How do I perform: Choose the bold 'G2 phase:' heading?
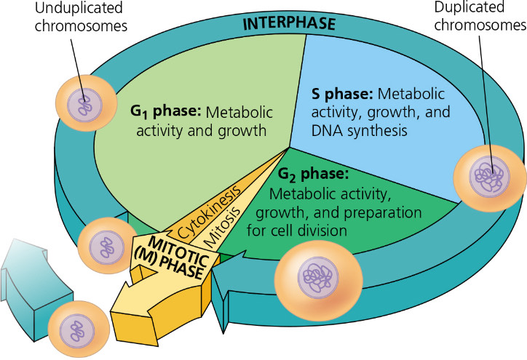314,175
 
